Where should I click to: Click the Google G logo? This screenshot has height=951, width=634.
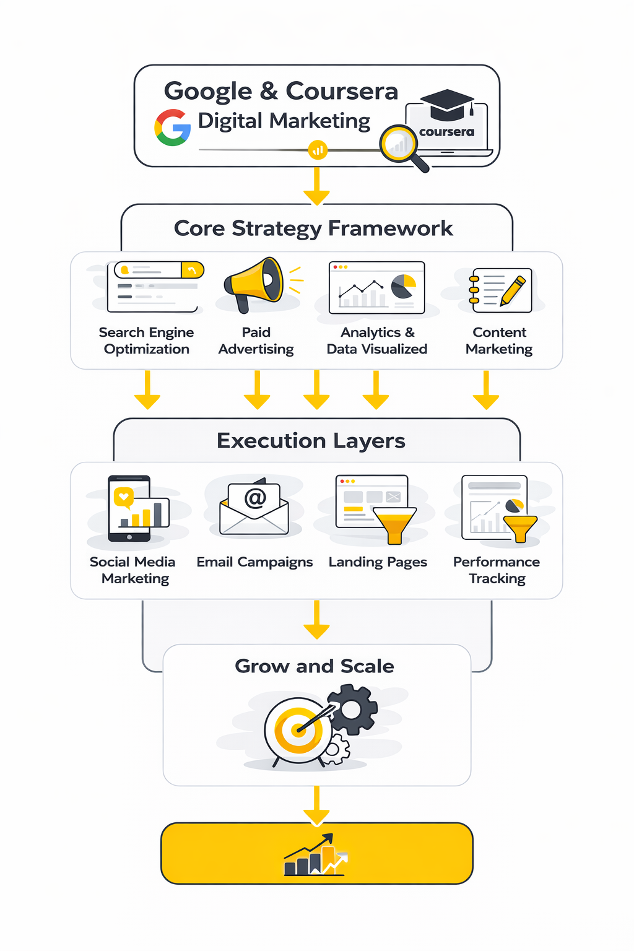point(172,128)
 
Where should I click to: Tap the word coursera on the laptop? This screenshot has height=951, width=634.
point(446,132)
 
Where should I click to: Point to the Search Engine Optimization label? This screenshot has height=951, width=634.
point(146,341)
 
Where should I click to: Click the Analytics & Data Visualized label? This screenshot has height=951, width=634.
point(377,341)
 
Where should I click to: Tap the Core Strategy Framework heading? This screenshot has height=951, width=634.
point(313,228)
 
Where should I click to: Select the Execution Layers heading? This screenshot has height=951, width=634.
point(311,441)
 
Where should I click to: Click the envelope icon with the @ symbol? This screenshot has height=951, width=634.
point(254,508)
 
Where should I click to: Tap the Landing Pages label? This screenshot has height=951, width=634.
point(378,562)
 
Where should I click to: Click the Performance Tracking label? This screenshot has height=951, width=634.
point(497,570)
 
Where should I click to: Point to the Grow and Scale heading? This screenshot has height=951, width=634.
point(315,666)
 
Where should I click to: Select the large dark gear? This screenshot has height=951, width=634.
point(352,710)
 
